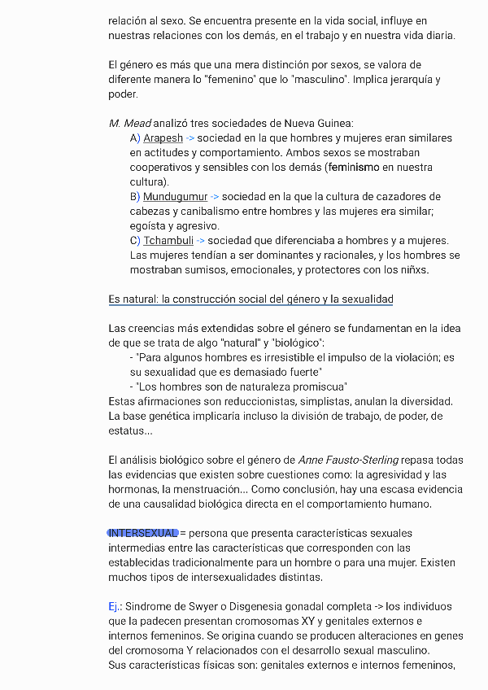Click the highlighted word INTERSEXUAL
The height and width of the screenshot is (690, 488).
coord(143,533)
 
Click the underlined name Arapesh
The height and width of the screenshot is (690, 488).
coord(163,138)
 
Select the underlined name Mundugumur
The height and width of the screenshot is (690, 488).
coord(175,197)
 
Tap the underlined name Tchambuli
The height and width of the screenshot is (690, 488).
coord(168,241)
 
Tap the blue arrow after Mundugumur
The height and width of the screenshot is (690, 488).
coord(215,197)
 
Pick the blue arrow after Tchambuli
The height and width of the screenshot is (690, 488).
coord(201,241)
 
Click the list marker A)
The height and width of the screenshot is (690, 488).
coord(135,138)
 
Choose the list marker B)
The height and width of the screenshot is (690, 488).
coord(135,197)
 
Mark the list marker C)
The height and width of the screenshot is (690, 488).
coord(135,241)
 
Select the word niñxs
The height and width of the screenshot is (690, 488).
coord(413,270)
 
